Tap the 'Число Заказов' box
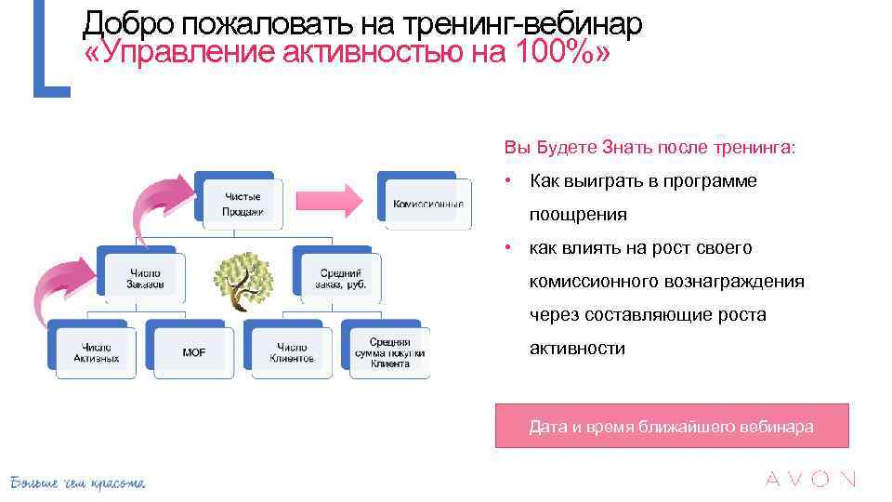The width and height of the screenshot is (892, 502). coord(145,278)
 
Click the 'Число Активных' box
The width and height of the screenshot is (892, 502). coord(97,352)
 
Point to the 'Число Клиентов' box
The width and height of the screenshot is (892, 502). coord(292,352)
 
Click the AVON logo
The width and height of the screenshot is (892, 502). coord(809,480)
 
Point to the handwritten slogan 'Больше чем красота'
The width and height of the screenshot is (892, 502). coord(77,482)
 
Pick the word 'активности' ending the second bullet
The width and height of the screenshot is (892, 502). coord(577,349)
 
